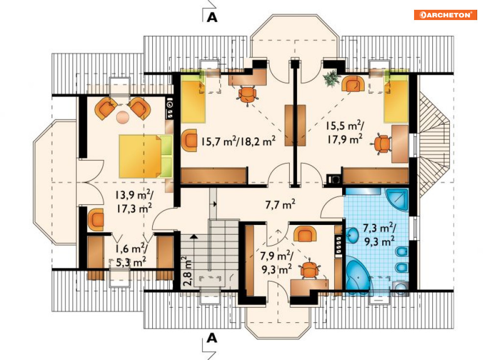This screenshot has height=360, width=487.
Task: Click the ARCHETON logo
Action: (445, 15)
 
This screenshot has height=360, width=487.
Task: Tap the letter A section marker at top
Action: (212, 17)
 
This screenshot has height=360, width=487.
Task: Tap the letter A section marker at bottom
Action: (212, 337)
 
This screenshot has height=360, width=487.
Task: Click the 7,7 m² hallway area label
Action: (280, 204)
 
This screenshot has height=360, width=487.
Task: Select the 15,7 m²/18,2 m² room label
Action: (238, 141)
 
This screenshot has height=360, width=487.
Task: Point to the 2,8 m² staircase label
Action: (187, 271)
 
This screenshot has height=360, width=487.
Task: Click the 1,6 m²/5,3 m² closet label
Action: (131, 255)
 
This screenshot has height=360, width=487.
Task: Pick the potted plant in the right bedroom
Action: (330, 78)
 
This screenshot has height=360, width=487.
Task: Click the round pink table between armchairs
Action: (123, 117)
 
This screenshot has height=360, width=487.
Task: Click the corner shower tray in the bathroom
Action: (396, 199)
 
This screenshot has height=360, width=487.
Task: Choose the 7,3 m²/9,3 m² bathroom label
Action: (379, 234)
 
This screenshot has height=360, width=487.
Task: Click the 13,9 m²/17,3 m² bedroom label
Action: (134, 201)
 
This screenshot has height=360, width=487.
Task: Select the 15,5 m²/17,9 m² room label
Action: (345, 133)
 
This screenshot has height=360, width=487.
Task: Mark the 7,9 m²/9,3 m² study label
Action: (277, 262)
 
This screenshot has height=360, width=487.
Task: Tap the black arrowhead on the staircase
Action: (194, 237)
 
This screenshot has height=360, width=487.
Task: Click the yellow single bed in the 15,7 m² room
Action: (193, 97)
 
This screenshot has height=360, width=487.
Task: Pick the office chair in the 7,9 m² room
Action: (309, 270)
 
